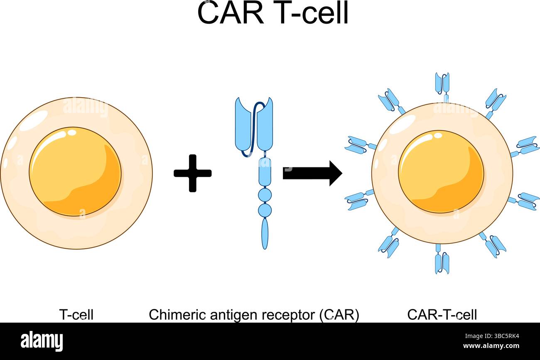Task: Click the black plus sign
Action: (192, 173)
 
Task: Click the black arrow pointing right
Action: (312, 173)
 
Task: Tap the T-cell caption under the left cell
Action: (76, 315)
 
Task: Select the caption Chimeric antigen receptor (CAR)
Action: (254, 315)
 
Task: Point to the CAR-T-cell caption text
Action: (442, 315)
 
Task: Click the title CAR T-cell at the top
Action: (272, 13)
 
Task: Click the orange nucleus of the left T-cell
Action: (75, 171)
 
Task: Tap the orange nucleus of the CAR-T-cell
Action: (441, 171)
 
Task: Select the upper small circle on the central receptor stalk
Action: (265, 195)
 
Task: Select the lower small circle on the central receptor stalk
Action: (265, 210)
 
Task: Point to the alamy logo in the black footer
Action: (42, 341)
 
